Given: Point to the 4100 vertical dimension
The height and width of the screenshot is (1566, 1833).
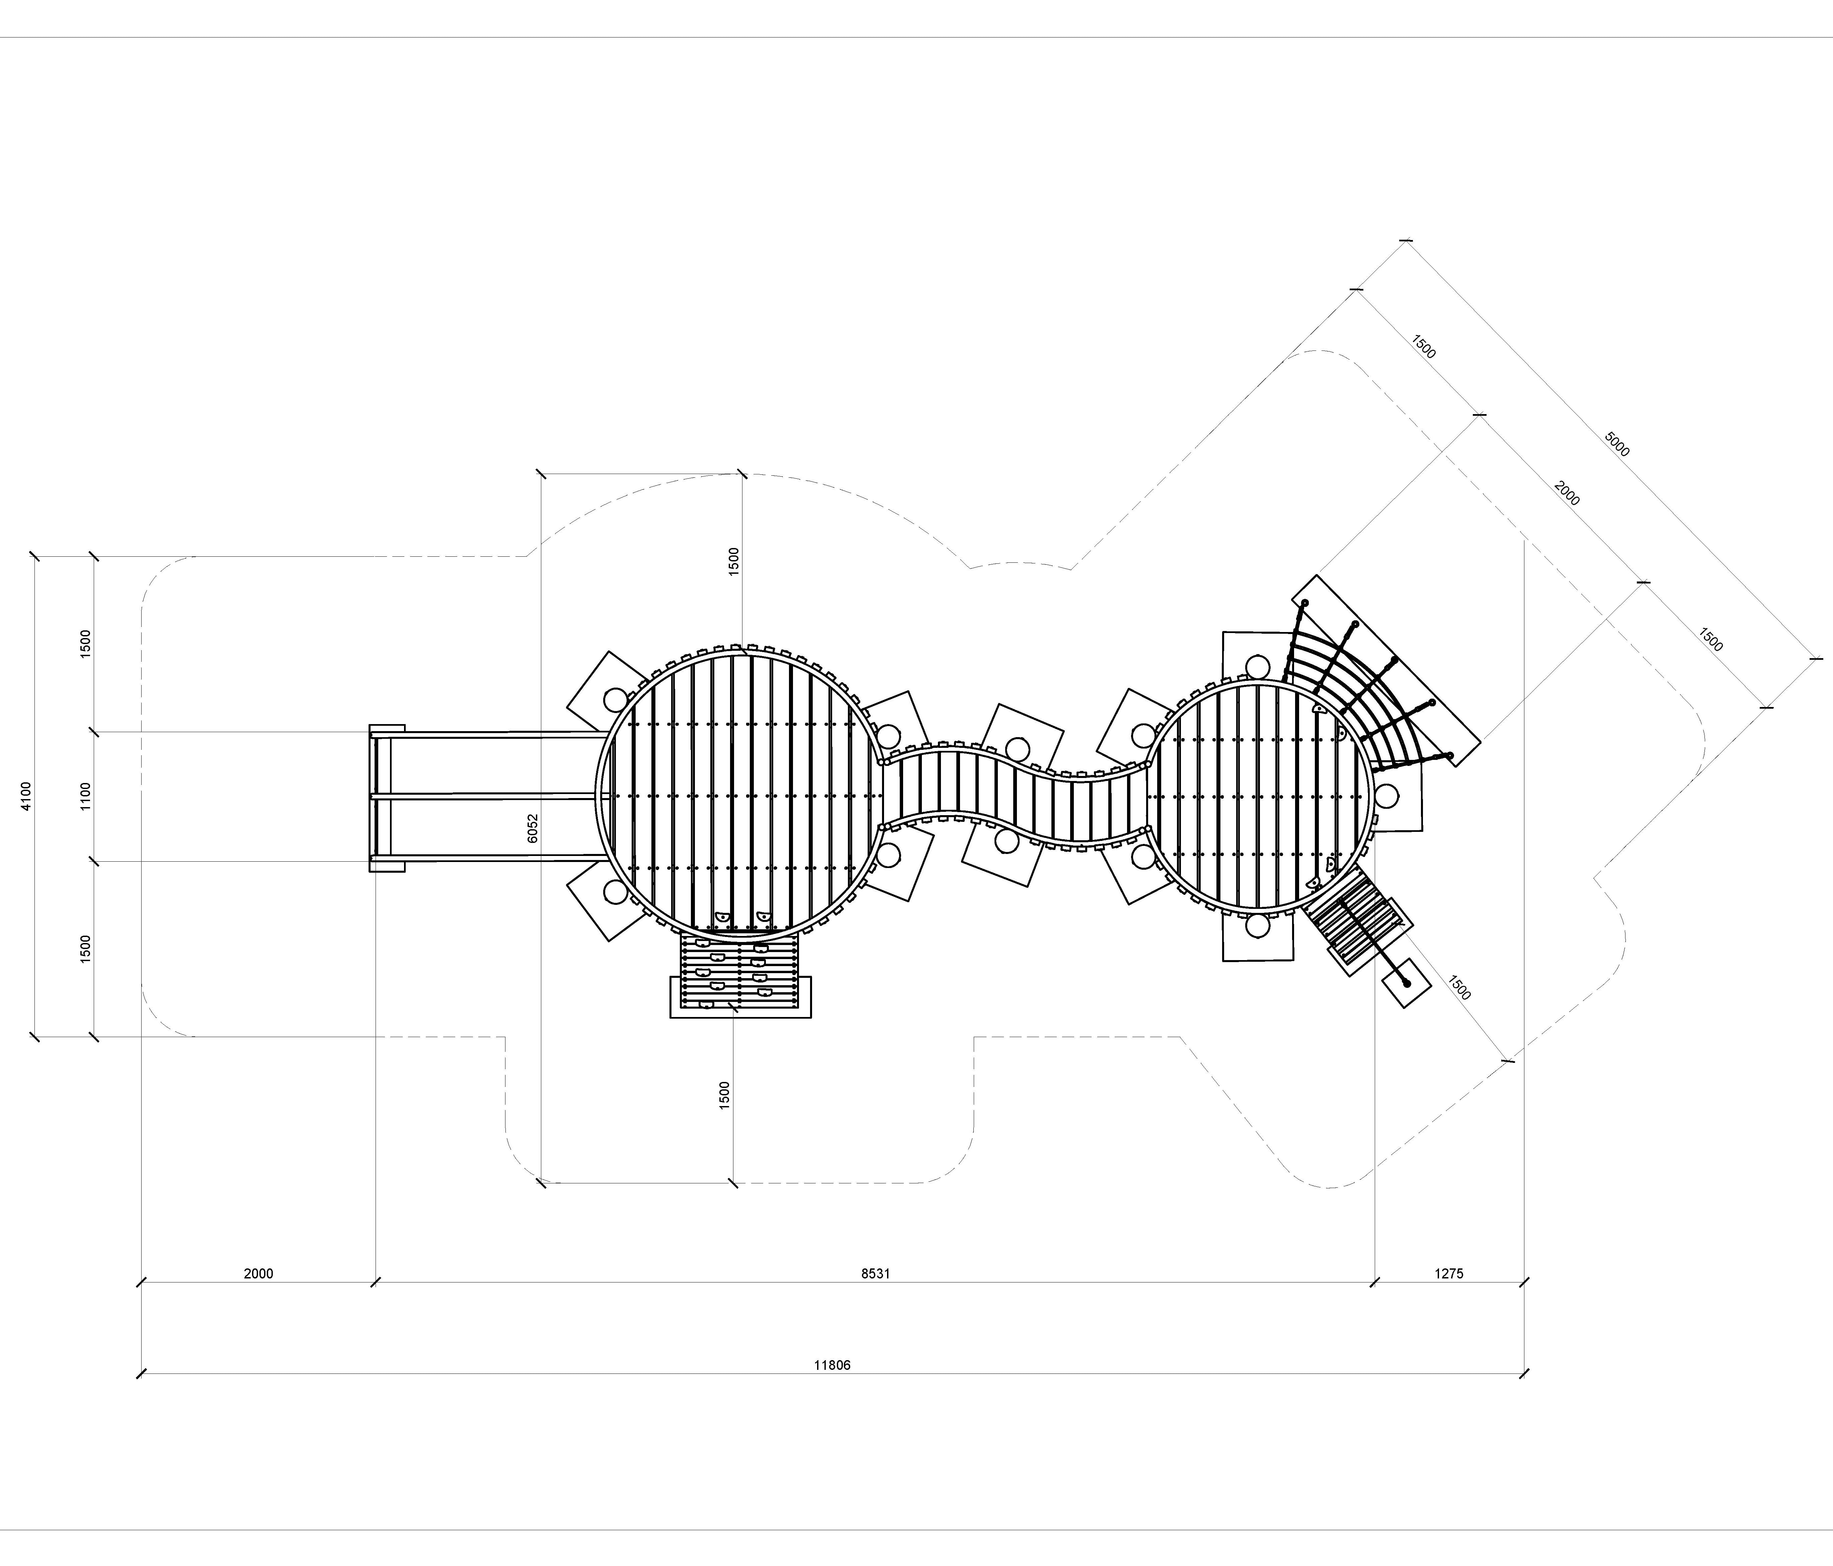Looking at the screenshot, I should point(26,796).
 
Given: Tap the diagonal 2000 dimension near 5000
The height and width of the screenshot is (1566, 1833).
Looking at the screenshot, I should point(1567,494).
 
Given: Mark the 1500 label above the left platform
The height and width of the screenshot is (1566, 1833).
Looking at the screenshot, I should point(733,562).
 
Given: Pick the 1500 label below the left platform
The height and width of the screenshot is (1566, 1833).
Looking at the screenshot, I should point(724,1095).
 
